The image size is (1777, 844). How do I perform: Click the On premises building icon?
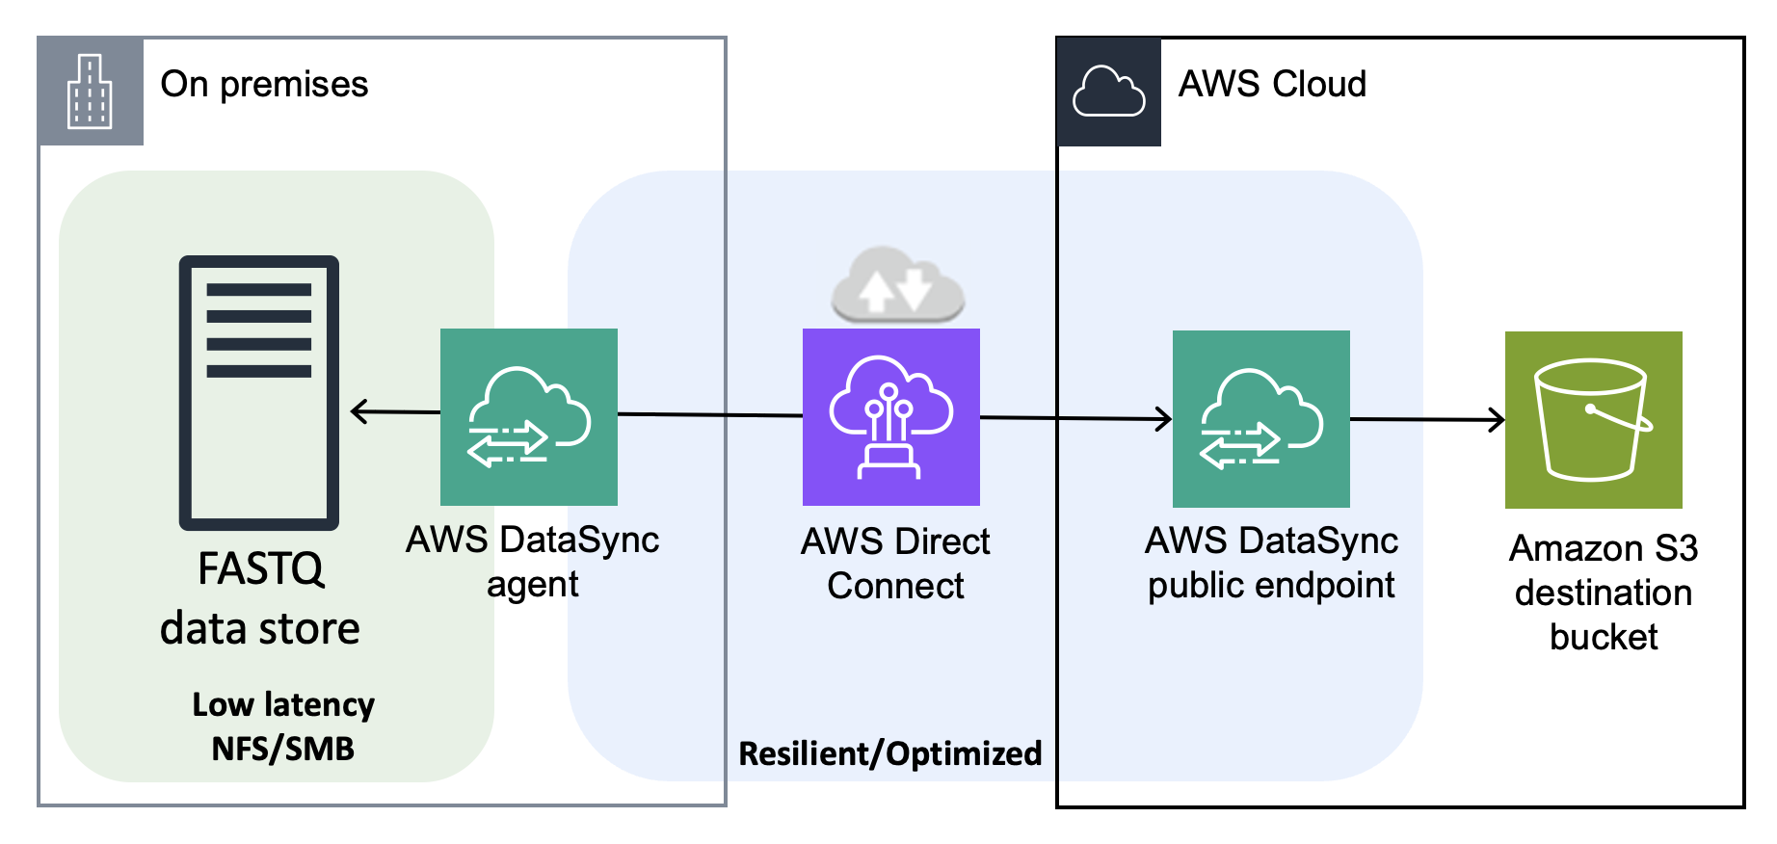[x=90, y=92]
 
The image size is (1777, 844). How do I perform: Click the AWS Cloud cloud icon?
[x=1108, y=92]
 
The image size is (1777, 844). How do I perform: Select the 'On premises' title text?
[x=264, y=85]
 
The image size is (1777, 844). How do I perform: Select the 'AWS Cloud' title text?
[x=1272, y=85]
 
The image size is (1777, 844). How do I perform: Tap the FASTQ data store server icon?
[x=259, y=392]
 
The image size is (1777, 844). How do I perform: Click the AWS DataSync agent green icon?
[x=529, y=416]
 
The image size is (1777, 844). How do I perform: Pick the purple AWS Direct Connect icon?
[x=891, y=416]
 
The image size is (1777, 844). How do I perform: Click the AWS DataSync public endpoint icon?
[x=1260, y=418]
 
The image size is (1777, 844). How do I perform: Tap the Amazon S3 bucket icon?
[x=1593, y=419]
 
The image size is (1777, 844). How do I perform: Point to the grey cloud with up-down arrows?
[x=897, y=285]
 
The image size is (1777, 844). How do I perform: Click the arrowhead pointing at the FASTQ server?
[x=358, y=411]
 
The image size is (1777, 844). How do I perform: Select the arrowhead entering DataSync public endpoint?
[x=1164, y=418]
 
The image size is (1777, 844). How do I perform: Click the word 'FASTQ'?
[x=260, y=568]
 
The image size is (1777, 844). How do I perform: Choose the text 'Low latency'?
[x=283, y=704]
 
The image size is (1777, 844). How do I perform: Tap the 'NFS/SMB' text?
[x=283, y=749]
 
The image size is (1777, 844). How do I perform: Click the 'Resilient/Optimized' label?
[x=889, y=753]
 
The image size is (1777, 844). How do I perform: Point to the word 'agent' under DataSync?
[x=532, y=585]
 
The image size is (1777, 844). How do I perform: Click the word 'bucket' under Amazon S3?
[x=1604, y=637]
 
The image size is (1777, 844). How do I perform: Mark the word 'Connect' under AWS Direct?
[x=895, y=586]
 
